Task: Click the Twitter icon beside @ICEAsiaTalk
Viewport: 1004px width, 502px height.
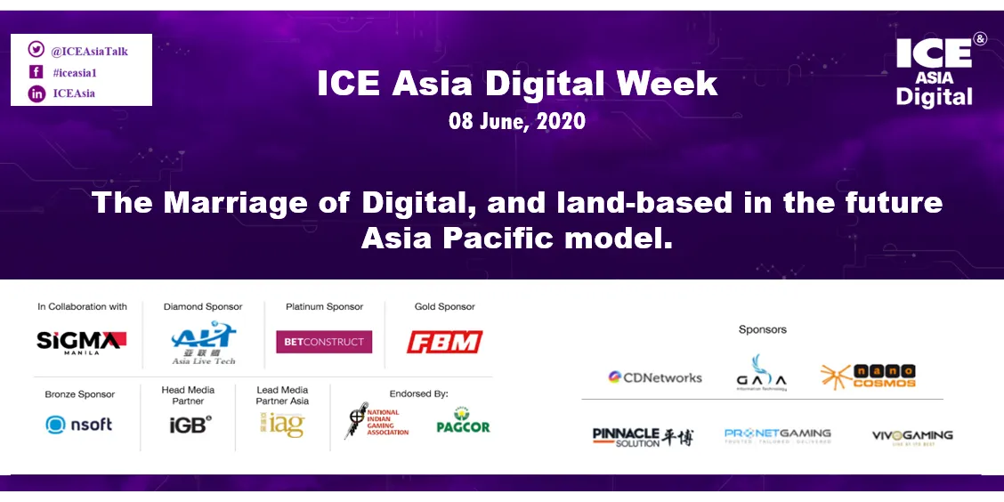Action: tap(36, 50)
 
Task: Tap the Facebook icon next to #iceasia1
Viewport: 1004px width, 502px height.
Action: tap(36, 72)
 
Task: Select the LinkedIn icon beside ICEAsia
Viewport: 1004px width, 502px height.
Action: tap(36, 93)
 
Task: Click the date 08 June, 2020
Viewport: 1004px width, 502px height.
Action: tap(517, 122)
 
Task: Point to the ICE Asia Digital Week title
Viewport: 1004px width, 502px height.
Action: tap(517, 84)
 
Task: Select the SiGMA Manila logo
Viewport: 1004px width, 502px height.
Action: tap(81, 341)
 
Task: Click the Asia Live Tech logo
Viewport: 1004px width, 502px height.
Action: tap(204, 343)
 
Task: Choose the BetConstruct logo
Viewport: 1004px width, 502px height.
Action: tap(324, 342)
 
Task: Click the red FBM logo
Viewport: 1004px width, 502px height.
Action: tap(444, 342)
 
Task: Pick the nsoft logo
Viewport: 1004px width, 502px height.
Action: tap(79, 425)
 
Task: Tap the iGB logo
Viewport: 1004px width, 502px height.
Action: tap(189, 425)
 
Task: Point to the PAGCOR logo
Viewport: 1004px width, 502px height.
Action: tap(463, 421)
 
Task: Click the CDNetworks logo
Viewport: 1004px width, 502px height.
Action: tap(655, 377)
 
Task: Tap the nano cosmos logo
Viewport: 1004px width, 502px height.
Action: tap(868, 376)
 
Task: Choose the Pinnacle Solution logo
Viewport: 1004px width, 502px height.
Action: tap(643, 436)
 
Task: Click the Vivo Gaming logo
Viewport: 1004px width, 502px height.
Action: tap(912, 436)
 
